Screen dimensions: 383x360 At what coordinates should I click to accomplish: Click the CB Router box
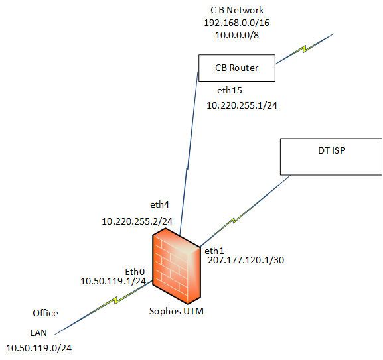pos(237,68)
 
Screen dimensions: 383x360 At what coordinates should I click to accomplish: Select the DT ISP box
pos(331,157)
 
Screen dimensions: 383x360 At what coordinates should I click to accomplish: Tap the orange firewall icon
pos(177,266)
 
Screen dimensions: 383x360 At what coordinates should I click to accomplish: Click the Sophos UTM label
pos(177,311)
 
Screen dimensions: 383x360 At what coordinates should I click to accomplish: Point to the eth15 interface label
pos(230,90)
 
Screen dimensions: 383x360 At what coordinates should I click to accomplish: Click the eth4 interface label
pos(159,204)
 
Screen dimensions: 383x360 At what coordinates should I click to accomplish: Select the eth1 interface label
pos(214,251)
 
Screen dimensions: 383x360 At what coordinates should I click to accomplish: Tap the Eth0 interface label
pos(135,272)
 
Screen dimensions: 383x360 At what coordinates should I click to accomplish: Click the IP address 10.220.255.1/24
pos(242,105)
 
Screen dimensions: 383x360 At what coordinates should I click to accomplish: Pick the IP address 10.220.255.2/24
pos(137,221)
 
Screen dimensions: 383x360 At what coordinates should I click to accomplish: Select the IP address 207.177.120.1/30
pos(246,261)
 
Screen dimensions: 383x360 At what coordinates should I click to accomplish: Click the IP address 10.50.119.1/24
pos(113,281)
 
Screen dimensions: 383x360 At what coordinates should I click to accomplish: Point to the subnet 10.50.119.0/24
pos(39,348)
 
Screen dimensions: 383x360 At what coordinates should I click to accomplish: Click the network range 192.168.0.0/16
pos(237,23)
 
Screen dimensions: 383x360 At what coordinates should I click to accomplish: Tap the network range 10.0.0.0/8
pos(237,35)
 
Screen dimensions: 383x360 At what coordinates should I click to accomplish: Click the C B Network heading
pos(237,10)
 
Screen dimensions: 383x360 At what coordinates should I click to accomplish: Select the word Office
pos(45,313)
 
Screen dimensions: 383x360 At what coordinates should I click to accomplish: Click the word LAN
pos(38,333)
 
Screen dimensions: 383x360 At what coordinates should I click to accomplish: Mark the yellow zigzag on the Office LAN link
pos(116,300)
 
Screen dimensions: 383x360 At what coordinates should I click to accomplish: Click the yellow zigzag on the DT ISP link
pos(234,220)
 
